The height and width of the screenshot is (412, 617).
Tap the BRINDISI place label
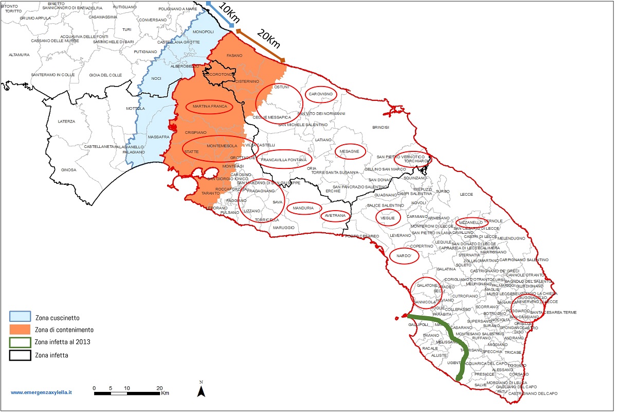coord(381,127)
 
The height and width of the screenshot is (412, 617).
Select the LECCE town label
coord(466,194)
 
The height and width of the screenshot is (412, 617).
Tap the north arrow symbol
coord(202,390)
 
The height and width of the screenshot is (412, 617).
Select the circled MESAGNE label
coord(350,151)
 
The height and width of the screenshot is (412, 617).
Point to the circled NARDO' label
coord(404,256)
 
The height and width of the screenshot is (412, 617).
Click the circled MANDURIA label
coord(303,208)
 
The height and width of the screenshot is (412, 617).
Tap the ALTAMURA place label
coord(19,55)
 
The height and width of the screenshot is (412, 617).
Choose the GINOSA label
coord(68,170)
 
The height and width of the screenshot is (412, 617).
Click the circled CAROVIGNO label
coord(321,94)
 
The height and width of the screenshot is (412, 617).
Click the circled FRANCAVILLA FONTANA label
coord(283,160)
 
